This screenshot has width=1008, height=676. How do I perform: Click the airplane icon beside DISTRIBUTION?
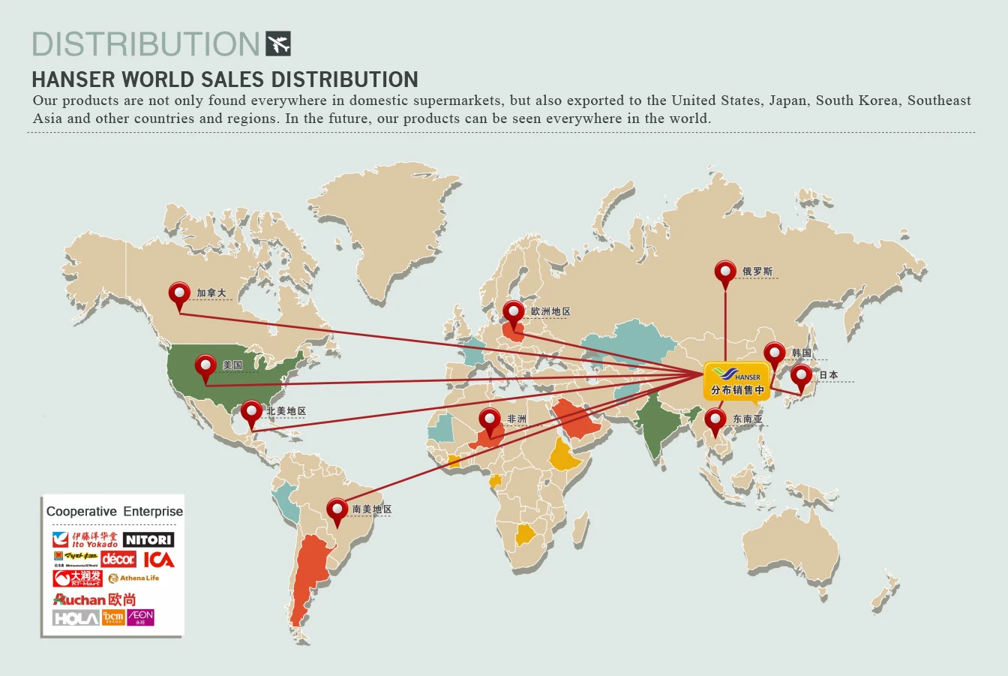point(278,44)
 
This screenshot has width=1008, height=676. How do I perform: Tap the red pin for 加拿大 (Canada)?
point(179,294)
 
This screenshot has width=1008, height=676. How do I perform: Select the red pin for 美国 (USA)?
point(205,367)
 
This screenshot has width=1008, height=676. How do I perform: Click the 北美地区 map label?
point(286,411)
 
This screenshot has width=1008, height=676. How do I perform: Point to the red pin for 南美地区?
point(337,511)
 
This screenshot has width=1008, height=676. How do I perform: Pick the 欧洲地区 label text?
point(550,311)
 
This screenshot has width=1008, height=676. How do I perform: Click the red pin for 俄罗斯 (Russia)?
point(725,273)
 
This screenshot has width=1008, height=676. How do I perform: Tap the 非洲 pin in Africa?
point(490,421)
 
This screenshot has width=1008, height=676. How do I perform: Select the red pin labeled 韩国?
point(775,354)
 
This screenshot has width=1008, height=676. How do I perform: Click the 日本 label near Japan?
point(828,375)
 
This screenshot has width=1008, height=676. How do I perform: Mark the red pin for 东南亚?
point(715,421)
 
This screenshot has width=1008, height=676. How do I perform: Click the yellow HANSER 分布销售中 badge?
point(737,381)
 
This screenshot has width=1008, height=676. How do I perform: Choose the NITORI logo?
point(148,539)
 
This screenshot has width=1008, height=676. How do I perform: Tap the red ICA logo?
point(159,560)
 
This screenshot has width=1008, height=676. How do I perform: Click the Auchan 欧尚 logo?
point(94,599)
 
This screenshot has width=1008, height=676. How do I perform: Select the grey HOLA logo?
point(76,618)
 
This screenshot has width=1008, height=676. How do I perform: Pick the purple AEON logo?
point(140,617)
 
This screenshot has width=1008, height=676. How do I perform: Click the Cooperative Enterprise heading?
point(114,512)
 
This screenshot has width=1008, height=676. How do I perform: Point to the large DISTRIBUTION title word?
point(145,44)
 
